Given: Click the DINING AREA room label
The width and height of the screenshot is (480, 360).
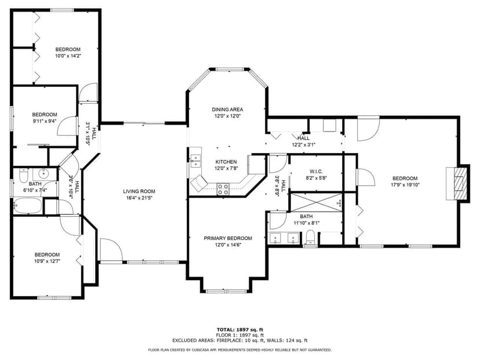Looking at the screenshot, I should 227,110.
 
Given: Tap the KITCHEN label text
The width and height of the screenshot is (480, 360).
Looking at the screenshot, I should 226,162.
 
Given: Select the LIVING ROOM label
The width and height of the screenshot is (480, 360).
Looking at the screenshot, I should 139,191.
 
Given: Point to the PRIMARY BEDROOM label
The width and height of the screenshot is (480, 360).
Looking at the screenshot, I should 227,238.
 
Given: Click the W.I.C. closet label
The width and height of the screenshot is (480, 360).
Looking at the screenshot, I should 316,171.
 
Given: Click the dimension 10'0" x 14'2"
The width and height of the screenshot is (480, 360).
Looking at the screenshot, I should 68,56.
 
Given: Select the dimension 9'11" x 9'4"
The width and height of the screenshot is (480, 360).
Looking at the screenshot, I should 44,121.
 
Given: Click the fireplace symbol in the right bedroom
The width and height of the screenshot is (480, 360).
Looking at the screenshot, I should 459,183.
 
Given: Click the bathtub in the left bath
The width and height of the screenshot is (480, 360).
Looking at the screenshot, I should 28,206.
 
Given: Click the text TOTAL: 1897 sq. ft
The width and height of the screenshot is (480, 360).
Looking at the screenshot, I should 240,329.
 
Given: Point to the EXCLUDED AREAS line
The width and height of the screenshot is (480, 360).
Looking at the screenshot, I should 240,340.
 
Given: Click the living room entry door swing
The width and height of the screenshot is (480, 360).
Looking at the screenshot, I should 110,250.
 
